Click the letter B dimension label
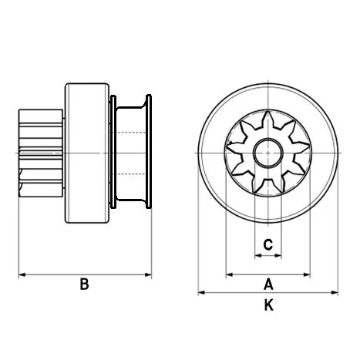pyautogui.click(x=84, y=284)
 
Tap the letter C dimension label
pyautogui.click(x=267, y=245)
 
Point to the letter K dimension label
pyautogui.click(x=267, y=305)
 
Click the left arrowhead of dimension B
pyautogui.click(x=22, y=274)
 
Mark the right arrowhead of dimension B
pyautogui.click(x=148, y=274)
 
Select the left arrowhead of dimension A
pyautogui.click(x=229, y=274)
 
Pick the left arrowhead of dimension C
pyautogui.click(x=257, y=255)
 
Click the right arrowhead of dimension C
pyautogui.click(x=278, y=255)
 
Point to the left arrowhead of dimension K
pyautogui.click(x=202, y=293)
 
